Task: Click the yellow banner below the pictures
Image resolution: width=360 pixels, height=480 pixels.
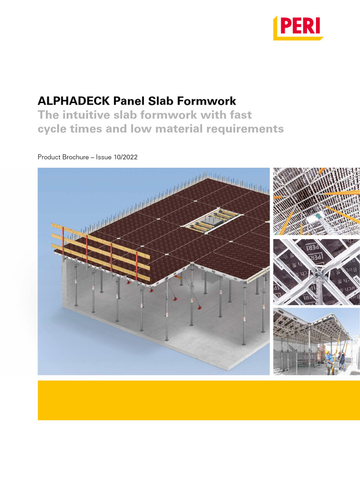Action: (199, 400)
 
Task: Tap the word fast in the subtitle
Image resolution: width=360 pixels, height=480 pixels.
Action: (241, 115)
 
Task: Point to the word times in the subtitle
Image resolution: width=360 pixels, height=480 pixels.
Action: (85, 128)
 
